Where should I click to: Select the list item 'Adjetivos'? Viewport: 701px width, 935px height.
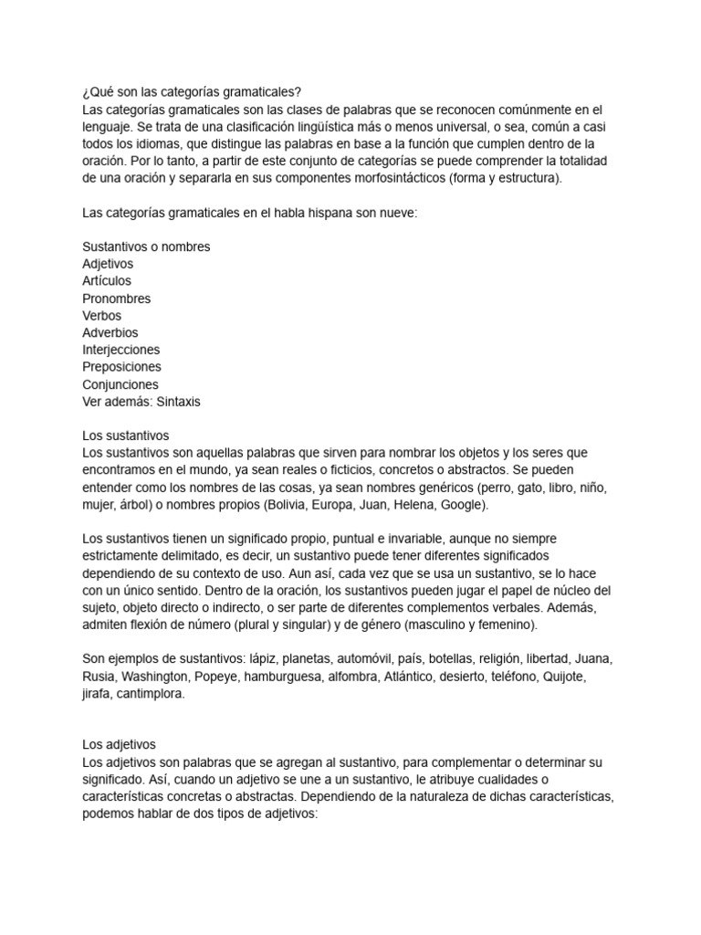[108, 264]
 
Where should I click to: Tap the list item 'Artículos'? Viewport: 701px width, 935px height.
[107, 281]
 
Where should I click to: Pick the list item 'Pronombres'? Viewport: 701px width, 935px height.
[116, 299]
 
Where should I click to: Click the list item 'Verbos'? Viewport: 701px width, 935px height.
[102, 316]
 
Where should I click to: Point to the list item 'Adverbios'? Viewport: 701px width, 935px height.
[110, 333]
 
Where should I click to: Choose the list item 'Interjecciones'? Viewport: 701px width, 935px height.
[120, 350]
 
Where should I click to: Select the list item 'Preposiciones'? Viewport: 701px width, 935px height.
[121, 367]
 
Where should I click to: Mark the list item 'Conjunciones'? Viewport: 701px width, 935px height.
[120, 384]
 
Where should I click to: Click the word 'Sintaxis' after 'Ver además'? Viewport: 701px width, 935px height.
[180, 402]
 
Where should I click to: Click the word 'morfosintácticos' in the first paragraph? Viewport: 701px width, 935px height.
[397, 178]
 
